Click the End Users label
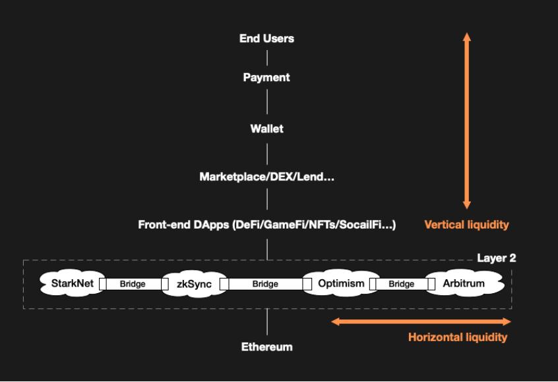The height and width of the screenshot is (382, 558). click(266, 39)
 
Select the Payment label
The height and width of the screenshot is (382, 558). click(266, 78)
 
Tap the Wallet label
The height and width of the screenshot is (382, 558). click(266, 129)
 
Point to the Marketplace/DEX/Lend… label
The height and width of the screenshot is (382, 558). click(266, 177)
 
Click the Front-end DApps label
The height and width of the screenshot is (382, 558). click(266, 225)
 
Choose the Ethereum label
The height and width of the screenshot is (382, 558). click(266, 346)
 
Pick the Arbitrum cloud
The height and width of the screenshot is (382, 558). click(464, 284)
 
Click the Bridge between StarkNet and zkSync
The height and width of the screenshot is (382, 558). click(133, 285)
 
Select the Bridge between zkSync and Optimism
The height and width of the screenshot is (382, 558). click(265, 285)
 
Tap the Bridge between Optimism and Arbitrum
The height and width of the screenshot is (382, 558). click(402, 285)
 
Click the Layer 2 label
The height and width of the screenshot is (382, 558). click(496, 258)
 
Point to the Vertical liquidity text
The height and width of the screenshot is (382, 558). click(466, 225)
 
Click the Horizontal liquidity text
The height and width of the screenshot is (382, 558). click(458, 338)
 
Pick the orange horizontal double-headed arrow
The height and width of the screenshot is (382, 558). click(421, 322)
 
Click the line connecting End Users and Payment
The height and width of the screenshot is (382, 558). click(266, 58)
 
